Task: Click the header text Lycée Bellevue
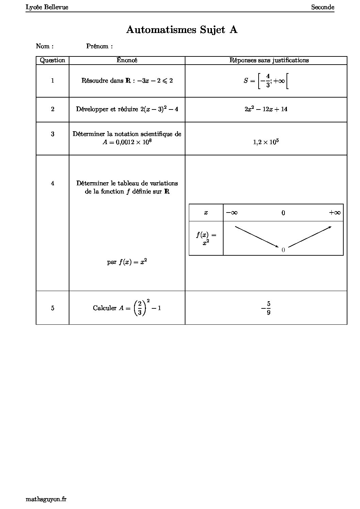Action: (x=47, y=7)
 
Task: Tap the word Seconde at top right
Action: (x=323, y=7)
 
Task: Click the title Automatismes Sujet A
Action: (x=182, y=30)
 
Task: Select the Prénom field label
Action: (x=99, y=46)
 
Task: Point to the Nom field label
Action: (x=45, y=46)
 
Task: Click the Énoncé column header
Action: (x=127, y=60)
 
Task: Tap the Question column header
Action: (x=52, y=60)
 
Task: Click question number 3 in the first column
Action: (x=52, y=134)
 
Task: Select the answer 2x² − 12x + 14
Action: (x=266, y=109)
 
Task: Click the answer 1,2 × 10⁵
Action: (x=266, y=142)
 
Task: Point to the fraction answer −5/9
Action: (x=266, y=308)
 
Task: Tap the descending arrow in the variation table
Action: (x=257, y=236)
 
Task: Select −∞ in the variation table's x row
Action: (x=232, y=213)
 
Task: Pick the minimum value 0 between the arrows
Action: (x=283, y=250)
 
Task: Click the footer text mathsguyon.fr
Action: (x=46, y=499)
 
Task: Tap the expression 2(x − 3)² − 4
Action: (x=159, y=109)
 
